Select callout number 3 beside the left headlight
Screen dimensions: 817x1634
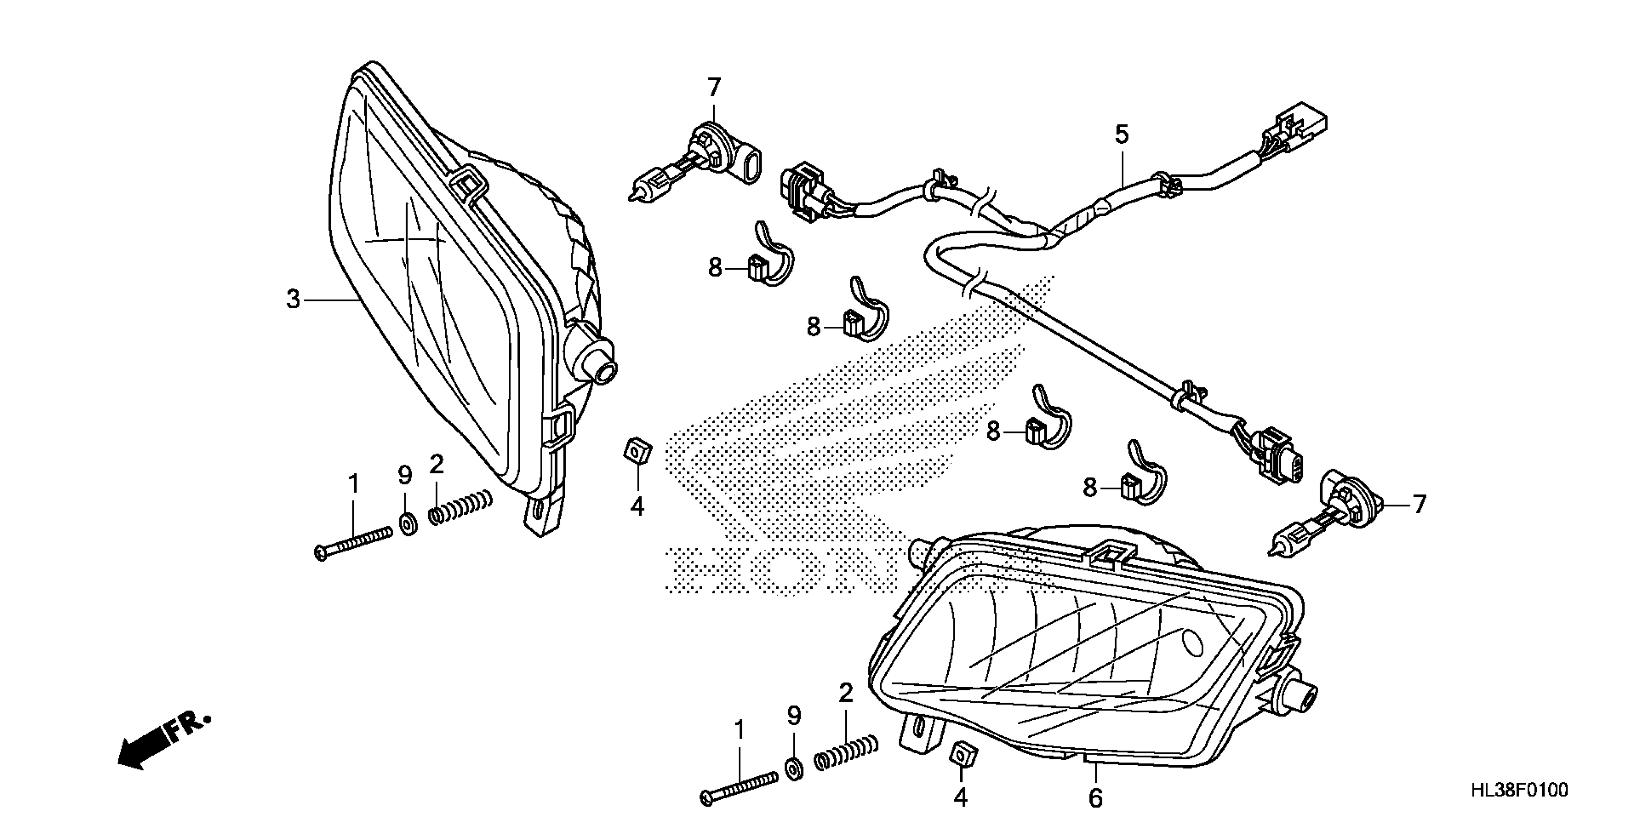(x=292, y=299)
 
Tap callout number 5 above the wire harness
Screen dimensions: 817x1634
(x=1122, y=135)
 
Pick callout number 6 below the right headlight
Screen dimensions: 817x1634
(x=1095, y=797)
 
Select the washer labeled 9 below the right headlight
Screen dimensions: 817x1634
(x=793, y=769)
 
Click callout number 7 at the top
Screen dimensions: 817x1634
(x=714, y=87)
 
